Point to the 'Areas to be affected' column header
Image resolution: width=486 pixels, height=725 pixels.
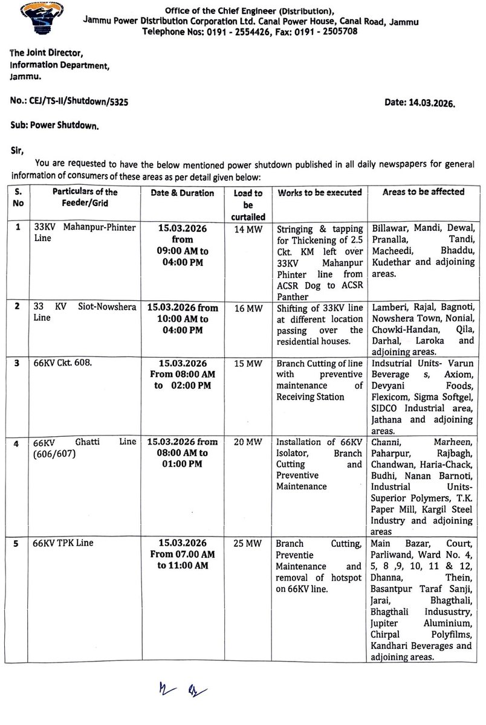click(423, 192)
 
